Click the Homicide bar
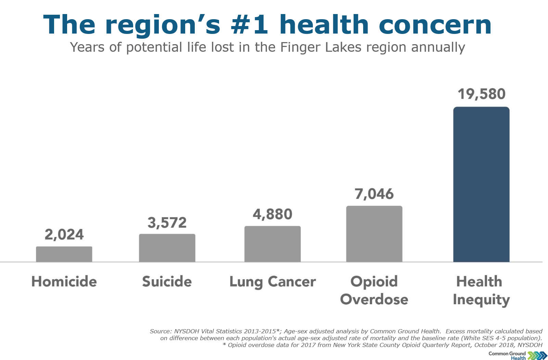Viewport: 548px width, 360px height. pyautogui.click(x=64, y=254)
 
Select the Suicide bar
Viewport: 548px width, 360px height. pyautogui.click(x=167, y=248)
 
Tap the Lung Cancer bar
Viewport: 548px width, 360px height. pyautogui.click(x=272, y=244)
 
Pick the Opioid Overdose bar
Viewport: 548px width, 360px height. pyautogui.click(x=374, y=234)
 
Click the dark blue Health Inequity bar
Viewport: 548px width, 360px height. pyautogui.click(x=481, y=185)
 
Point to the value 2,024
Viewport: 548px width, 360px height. pyautogui.click(x=64, y=235)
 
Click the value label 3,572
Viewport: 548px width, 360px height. pyautogui.click(x=167, y=223)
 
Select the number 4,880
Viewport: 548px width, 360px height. pyautogui.click(x=272, y=214)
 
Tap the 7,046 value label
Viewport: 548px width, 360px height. pyautogui.click(x=374, y=194)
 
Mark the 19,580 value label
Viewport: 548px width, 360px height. pyautogui.click(x=481, y=94)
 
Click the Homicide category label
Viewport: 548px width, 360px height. pyautogui.click(x=64, y=282)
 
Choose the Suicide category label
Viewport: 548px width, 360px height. pyautogui.click(x=167, y=282)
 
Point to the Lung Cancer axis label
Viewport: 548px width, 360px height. pyautogui.click(x=272, y=282)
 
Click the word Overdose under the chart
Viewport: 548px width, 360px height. pyautogui.click(x=374, y=299)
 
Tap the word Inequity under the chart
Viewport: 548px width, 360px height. pyautogui.click(x=481, y=300)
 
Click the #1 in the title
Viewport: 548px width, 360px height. pyautogui.click(x=250, y=25)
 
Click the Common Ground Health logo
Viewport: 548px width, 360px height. pyautogui.click(x=518, y=356)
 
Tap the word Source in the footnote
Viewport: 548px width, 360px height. pyautogui.click(x=160, y=331)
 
